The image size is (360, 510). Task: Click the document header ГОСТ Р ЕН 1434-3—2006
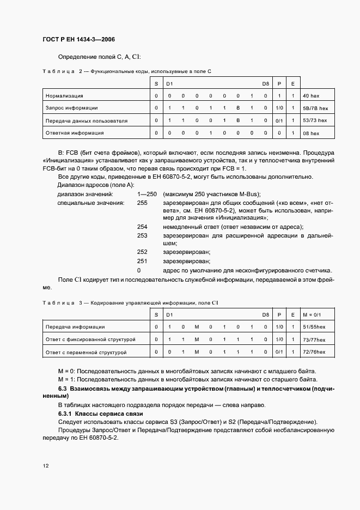pyautogui.click(x=78, y=40)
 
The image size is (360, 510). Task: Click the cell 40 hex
pyautogui.click(x=311, y=96)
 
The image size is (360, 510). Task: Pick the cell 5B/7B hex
pyautogui.click(x=315, y=108)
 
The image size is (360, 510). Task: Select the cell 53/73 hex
pyautogui.click(x=315, y=120)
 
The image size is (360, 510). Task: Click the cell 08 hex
pyautogui.click(x=311, y=132)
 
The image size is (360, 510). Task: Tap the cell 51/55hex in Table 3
pyautogui.click(x=313, y=327)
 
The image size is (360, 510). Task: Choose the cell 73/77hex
pyautogui.click(x=313, y=339)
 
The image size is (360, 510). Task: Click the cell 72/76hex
pyautogui.click(x=313, y=352)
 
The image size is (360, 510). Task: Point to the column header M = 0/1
pyautogui.click(x=312, y=315)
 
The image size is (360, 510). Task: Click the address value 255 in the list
pyautogui.click(x=142, y=203)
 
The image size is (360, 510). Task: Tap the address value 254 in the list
pyautogui.click(x=142, y=227)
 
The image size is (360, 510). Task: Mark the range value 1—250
pyautogui.click(x=148, y=195)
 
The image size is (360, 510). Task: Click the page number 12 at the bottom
pyautogui.click(x=45, y=466)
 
